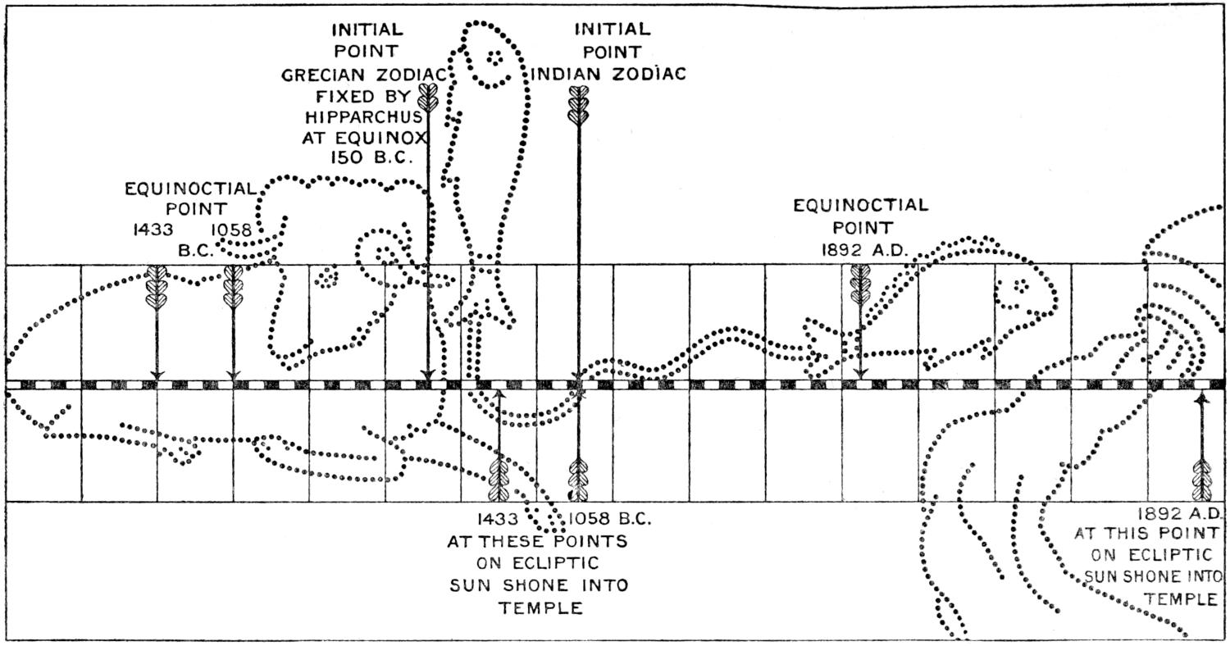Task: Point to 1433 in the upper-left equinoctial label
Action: pos(153,230)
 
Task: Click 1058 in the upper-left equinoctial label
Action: pos(232,230)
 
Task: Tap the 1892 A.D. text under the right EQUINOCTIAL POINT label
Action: pos(863,250)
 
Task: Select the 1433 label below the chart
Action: pos(498,519)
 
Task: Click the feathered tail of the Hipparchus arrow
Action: pos(427,98)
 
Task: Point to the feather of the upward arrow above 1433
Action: pos(499,480)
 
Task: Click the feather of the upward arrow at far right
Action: pos(1202,480)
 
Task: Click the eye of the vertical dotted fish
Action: pos(494,57)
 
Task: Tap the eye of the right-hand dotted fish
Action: pos(1020,286)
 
